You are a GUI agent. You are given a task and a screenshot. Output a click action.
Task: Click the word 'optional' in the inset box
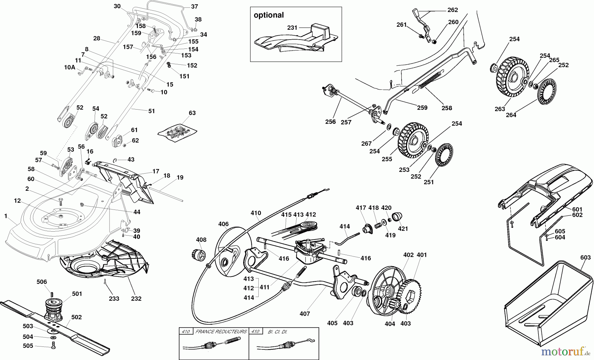[269, 15]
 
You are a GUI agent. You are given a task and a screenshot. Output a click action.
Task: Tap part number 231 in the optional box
[292, 28]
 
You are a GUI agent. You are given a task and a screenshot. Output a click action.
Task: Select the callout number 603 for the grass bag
[585, 257]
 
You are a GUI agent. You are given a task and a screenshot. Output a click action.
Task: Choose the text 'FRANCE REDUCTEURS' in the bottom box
[221, 331]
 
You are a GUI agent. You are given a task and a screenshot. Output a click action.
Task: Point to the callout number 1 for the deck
[6, 216]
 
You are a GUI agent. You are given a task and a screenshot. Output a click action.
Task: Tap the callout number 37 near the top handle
[194, 7]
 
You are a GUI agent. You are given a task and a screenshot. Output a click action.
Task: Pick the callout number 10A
[69, 67]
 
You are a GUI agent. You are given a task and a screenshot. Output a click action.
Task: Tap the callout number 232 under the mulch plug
[136, 299]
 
